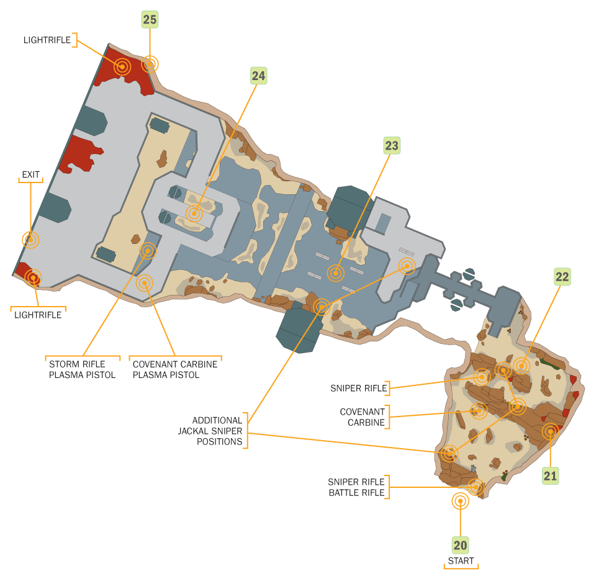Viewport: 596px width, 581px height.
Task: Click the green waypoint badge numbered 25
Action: click(150, 19)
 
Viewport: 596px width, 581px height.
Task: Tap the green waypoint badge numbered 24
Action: click(258, 76)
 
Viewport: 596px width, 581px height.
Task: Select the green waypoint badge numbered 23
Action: click(391, 146)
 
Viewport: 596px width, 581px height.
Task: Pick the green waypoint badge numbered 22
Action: click(562, 277)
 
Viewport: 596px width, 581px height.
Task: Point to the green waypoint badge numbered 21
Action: click(550, 476)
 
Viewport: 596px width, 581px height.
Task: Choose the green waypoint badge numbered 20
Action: click(460, 546)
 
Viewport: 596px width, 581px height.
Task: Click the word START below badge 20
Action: click(461, 561)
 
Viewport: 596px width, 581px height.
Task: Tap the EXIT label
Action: click(30, 175)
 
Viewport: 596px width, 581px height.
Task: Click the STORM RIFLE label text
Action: click(77, 364)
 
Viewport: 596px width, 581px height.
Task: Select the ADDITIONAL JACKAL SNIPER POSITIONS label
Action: click(217, 431)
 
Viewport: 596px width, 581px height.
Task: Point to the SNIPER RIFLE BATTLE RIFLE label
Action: click(356, 487)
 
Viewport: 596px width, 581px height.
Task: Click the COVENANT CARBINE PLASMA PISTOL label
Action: click(175, 369)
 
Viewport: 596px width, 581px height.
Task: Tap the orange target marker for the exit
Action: click(30, 239)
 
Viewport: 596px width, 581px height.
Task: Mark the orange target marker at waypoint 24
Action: click(194, 214)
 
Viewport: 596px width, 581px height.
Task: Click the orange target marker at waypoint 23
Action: click(336, 272)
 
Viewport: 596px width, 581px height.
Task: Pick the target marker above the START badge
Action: click(460, 501)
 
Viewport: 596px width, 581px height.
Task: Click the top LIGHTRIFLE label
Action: click(47, 40)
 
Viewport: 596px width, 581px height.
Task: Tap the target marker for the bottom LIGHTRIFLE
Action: click(33, 277)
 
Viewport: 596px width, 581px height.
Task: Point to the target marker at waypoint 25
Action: click(150, 63)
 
